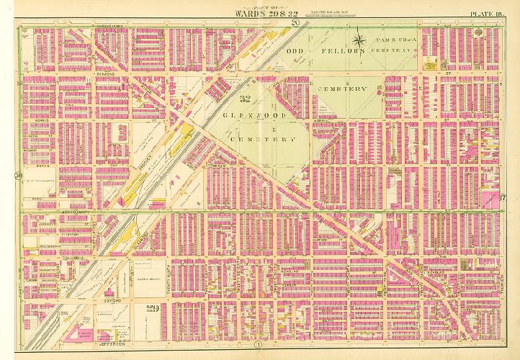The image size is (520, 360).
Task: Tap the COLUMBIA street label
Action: pyautogui.click(x=37, y=256)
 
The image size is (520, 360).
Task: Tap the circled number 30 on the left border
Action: pyautogui.click(x=16, y=175)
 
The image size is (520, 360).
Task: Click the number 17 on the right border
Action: pyautogui.click(x=505, y=199)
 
